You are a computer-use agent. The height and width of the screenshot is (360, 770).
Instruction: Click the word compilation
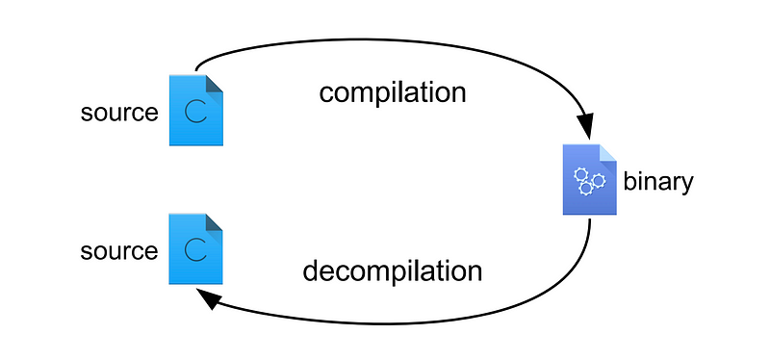point(393,93)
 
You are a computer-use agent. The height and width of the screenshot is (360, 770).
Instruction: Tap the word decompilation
point(392,271)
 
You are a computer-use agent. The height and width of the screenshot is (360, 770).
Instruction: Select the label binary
point(658,182)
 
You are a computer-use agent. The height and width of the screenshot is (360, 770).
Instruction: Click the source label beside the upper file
point(119,113)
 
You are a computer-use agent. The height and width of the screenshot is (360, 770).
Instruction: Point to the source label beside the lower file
point(119,251)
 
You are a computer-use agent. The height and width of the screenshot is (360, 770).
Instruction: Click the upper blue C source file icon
point(196,111)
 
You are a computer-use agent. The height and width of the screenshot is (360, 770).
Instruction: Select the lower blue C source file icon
point(196,249)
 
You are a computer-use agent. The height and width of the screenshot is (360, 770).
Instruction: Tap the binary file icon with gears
point(589,179)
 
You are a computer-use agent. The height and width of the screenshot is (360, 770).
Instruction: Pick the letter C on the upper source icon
point(195,113)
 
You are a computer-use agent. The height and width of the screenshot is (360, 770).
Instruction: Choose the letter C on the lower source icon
point(195,251)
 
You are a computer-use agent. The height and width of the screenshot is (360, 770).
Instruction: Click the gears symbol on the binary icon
point(589,181)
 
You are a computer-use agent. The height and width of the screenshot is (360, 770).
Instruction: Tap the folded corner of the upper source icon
point(214,84)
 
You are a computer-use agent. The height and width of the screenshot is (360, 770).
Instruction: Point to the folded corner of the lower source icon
point(214,222)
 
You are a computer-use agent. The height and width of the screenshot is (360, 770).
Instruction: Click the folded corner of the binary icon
point(607,153)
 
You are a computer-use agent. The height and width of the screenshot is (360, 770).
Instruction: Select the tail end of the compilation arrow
point(196,70)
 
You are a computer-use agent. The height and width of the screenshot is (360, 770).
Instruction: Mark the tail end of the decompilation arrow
point(589,220)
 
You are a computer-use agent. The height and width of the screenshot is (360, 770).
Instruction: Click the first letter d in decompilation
point(311,271)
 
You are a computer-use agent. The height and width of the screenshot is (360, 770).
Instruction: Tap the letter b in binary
point(630,181)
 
